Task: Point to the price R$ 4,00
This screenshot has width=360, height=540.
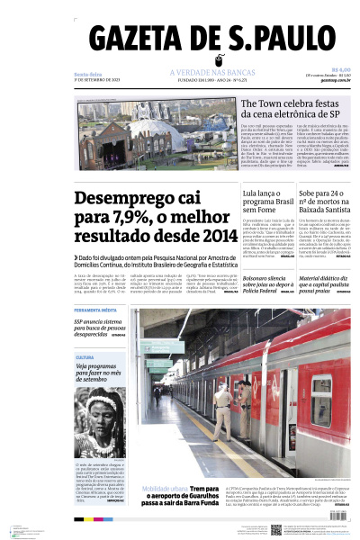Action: point(341,68)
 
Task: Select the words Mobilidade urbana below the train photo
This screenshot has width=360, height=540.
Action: point(161,489)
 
